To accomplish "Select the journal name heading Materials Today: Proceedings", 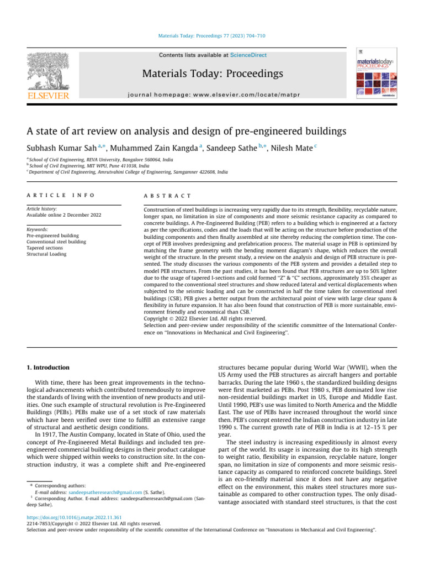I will point(212,74).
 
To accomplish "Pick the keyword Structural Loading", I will point(47,255).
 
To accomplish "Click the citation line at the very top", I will point(212,36).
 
